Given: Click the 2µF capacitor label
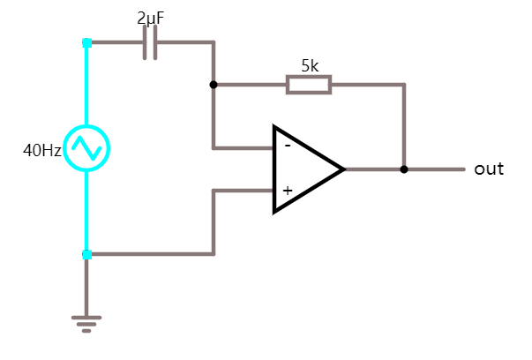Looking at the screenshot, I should [x=150, y=18].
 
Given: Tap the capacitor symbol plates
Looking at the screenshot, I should [x=150, y=42].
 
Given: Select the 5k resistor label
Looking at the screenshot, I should [x=310, y=65].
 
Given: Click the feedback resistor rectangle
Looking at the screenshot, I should [x=309, y=85].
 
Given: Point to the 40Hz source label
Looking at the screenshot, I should [x=41, y=150].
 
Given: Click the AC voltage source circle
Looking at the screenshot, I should [x=87, y=148].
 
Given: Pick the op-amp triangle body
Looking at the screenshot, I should [x=304, y=169].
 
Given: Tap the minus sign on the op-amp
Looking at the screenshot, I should [x=287, y=146].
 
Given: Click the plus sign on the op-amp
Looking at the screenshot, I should [x=287, y=190].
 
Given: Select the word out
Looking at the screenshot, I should [x=488, y=169].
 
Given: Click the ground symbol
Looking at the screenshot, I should [x=86, y=323].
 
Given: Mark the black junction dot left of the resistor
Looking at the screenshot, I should [x=214, y=85].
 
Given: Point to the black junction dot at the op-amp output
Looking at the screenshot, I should [x=404, y=169].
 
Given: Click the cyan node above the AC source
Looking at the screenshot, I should [x=86, y=42].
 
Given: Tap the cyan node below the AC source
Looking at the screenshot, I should [x=86, y=254].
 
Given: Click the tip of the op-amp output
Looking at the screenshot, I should [x=343, y=169].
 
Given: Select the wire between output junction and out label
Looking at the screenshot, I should [x=434, y=169].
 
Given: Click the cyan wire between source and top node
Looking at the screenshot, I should [x=86, y=84].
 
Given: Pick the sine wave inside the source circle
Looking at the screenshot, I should [x=87, y=148].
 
